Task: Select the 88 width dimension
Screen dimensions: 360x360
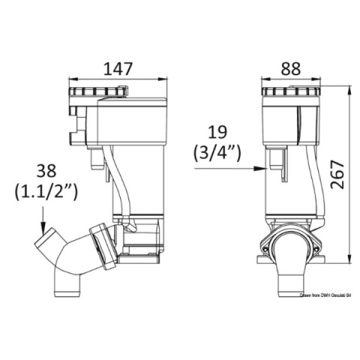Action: [290, 68]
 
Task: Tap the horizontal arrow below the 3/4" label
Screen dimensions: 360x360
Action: [224, 169]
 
